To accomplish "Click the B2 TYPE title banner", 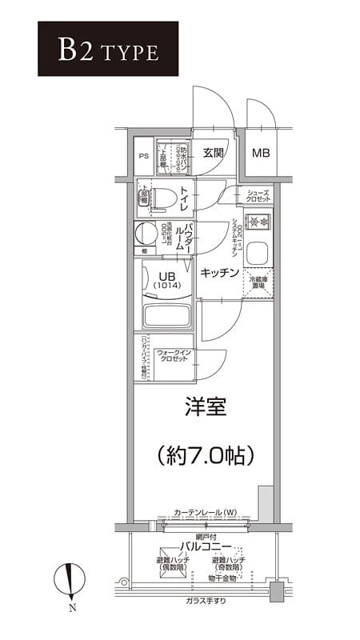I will (x=97, y=49).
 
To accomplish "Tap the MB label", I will (x=261, y=153).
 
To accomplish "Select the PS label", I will (x=144, y=155).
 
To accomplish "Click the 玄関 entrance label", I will (x=213, y=153).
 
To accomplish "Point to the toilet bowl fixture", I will (x=160, y=198).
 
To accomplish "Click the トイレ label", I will (x=184, y=198).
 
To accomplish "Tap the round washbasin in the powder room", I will (x=146, y=234).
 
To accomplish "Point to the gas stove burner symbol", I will (x=258, y=222).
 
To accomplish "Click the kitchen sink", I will (x=258, y=254).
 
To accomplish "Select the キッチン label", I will (x=218, y=273).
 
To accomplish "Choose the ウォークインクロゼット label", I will (x=173, y=356).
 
